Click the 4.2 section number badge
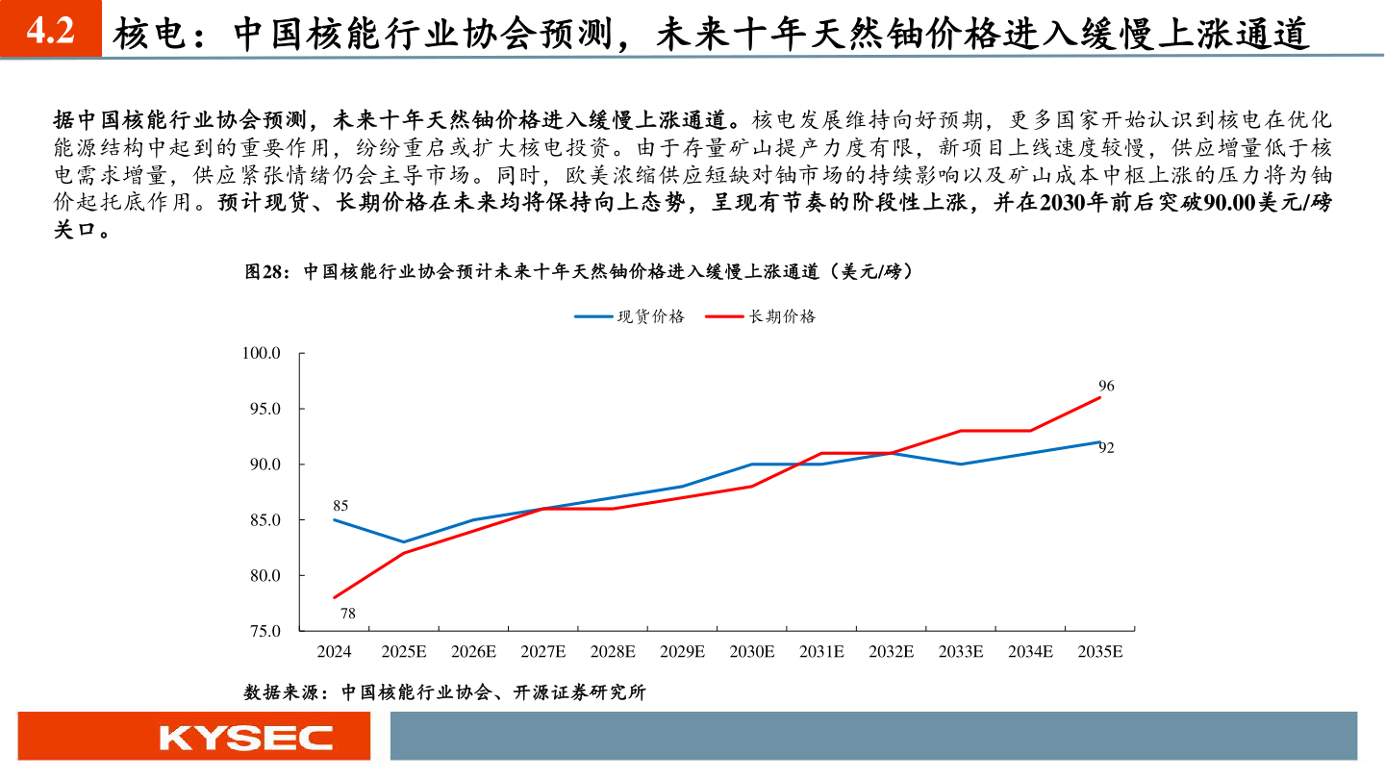point(50,32)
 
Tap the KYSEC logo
point(246,738)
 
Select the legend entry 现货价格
point(629,316)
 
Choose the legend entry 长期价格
point(760,316)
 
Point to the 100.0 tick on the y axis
point(261,353)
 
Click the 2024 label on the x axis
point(334,651)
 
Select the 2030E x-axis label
point(752,651)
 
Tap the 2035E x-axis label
point(1100,651)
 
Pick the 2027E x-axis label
point(543,651)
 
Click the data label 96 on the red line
point(1106,386)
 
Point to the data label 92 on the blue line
point(1106,447)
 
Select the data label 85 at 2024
point(340,505)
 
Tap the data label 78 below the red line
point(348,613)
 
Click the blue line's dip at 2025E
point(404,542)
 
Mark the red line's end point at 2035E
point(1100,397)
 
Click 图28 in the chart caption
point(265,272)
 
